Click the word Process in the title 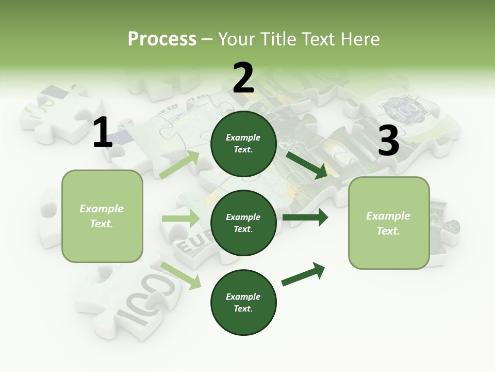(162, 39)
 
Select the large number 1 (103, 133)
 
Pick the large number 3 (388, 141)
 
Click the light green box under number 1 (102, 216)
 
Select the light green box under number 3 (389, 223)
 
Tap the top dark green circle (243, 144)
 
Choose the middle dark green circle (243, 223)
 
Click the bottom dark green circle (243, 302)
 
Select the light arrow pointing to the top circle (179, 164)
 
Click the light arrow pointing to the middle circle (180, 219)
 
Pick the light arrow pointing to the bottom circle (181, 275)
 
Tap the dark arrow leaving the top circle (307, 165)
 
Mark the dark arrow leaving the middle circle (305, 217)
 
